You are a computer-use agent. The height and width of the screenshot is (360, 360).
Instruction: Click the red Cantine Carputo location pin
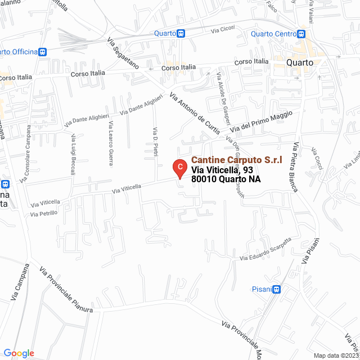point(178,168)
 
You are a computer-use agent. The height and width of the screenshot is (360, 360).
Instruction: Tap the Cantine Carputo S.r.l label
point(237,160)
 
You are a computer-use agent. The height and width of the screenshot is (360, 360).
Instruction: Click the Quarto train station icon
point(180,33)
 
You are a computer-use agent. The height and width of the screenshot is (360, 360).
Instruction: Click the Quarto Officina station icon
point(42,52)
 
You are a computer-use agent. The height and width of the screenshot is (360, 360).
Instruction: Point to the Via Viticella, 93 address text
point(222,170)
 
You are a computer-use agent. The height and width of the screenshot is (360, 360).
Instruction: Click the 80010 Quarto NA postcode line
point(226,180)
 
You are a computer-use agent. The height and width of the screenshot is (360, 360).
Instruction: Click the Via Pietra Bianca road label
point(294,166)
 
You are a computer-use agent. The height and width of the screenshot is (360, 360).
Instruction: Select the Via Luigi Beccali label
point(73,155)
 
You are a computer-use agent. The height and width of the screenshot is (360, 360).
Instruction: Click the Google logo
point(19,353)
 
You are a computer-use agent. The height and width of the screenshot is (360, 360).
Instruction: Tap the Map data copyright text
point(335,355)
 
